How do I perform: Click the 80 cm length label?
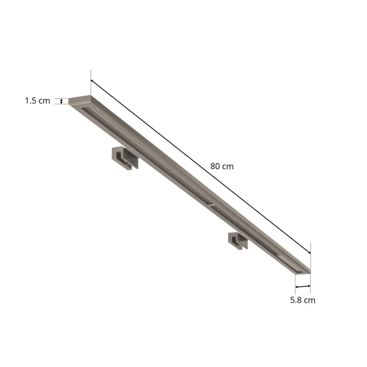coord(222,166)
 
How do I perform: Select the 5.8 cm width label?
coord(303,300)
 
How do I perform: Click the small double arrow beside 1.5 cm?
coord(62,101)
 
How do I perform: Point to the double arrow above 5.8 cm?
coord(303,287)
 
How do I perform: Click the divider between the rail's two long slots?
coord(210,204)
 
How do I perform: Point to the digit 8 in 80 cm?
coord(213,166)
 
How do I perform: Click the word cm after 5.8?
coord(309,300)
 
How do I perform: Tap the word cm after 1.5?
coord(44,101)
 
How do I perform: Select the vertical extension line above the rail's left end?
coord(90,83)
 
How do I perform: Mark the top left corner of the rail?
coord(70,99)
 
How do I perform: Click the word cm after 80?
coord(228,166)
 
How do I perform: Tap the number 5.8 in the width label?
coord(296,300)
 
